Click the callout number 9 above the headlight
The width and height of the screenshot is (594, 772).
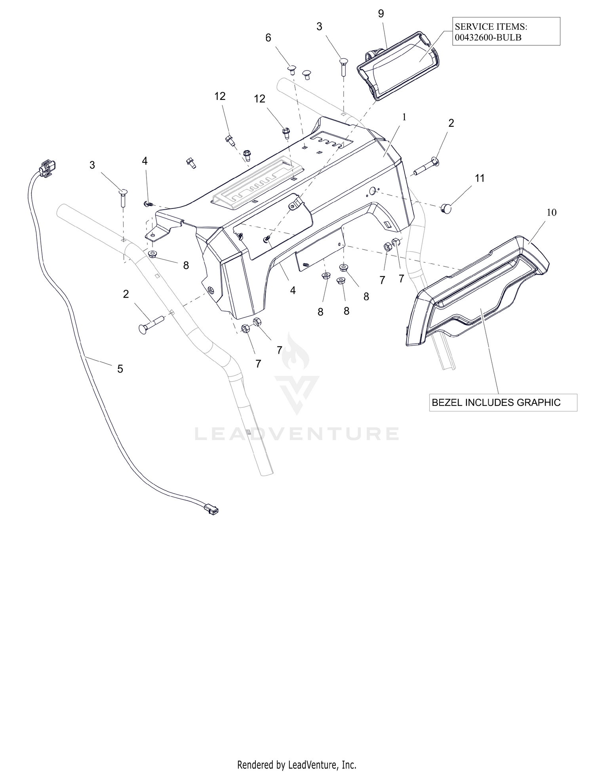381,14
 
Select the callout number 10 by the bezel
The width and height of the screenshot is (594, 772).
552,212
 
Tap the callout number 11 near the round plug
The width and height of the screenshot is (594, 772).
480,178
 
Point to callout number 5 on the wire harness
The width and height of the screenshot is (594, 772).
120,369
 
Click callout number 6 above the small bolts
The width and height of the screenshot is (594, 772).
268,38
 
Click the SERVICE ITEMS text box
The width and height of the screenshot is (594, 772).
506,31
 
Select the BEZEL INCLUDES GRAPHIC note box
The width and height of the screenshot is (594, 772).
503,402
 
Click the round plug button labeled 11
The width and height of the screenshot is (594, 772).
447,207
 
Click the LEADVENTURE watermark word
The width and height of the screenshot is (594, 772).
297,434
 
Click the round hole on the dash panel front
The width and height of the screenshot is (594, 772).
373,192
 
